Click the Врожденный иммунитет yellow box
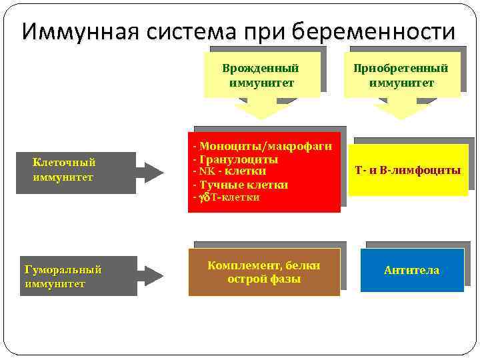261,75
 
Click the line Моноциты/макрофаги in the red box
262,147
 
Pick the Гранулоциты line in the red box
235,159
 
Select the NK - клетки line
229,171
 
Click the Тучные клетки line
241,185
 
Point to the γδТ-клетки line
226,198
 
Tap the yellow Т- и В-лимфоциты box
408,171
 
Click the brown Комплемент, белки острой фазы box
264,272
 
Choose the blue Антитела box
411,270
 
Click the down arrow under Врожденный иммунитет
261,108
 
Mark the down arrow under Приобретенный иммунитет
401,108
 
